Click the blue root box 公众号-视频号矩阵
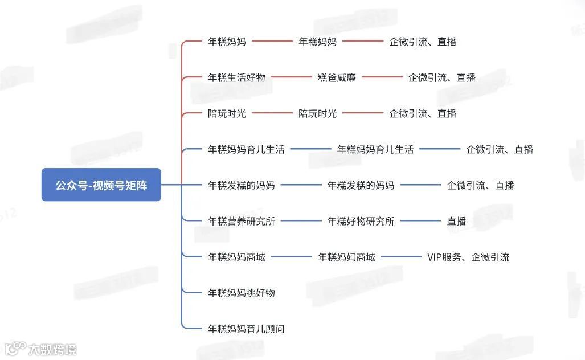101,185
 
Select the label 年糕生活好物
236,77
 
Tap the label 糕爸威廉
337,77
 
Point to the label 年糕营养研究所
241,221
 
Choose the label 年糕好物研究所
361,221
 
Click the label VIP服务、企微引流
468,257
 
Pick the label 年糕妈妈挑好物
241,293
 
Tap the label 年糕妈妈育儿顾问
246,329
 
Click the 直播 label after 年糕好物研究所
456,221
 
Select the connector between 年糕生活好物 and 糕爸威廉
292,77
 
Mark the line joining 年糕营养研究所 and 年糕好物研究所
301,221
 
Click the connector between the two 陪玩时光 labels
272,113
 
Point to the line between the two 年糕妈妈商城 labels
291,257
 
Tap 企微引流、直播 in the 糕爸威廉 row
442,77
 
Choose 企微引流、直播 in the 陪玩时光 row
423,113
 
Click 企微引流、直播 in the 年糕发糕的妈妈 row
480,185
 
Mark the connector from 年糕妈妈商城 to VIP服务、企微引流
401,257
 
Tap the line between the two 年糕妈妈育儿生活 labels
310,149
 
